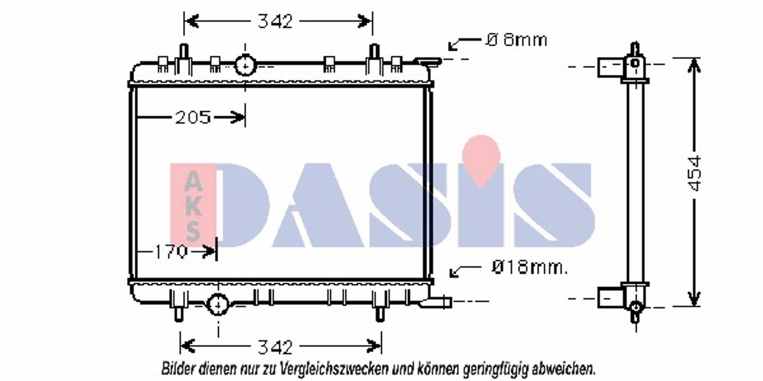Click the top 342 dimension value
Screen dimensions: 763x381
coord(275,21)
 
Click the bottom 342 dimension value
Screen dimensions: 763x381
coord(275,347)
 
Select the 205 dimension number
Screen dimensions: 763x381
coord(193,117)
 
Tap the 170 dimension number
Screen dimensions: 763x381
coord(171,252)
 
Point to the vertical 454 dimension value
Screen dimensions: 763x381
coord(694,173)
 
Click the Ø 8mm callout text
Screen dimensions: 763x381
coord(516,40)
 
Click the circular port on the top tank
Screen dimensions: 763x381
coord(245,66)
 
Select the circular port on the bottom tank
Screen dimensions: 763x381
coord(218,305)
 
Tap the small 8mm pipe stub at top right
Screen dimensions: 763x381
coord(428,61)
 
